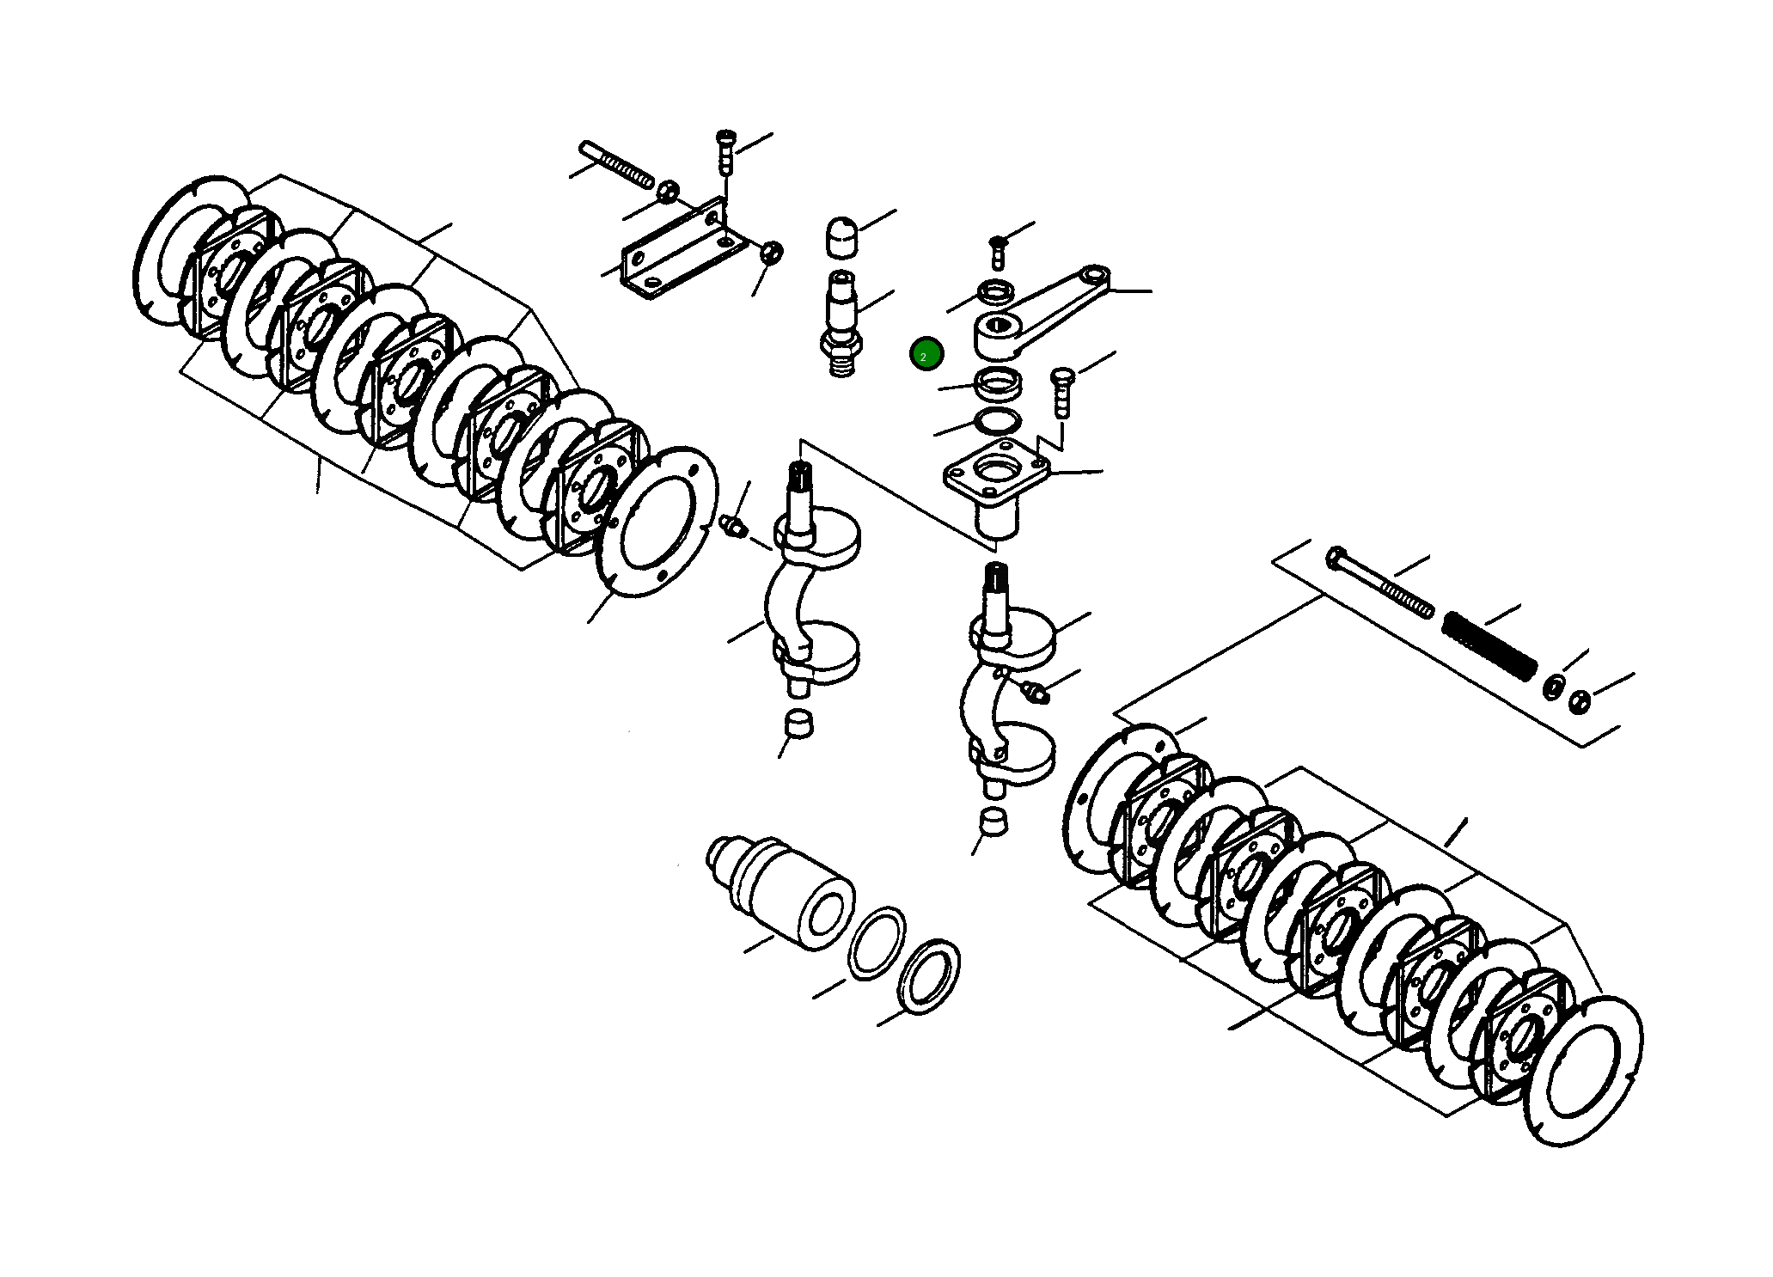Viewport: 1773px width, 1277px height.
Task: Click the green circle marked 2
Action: (926, 354)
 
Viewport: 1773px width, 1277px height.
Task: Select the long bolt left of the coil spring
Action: (1379, 582)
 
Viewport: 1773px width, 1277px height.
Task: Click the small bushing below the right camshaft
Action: (993, 822)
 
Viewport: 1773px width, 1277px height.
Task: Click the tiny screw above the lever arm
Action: (997, 249)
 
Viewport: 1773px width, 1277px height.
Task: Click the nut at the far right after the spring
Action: (1579, 700)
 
